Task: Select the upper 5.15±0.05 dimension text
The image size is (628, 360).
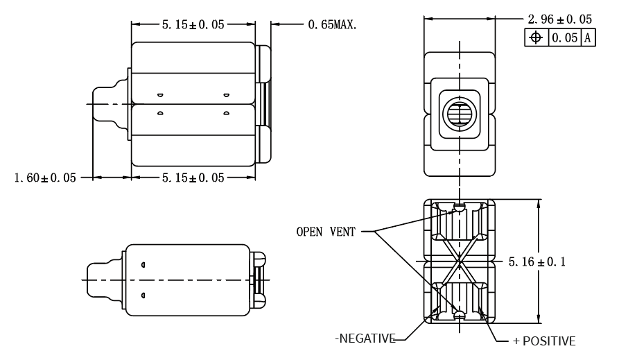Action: [193, 24]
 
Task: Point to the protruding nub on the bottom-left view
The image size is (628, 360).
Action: [103, 280]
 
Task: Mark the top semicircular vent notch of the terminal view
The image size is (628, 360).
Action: [458, 206]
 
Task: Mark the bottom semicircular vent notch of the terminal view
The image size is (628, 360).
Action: [458, 316]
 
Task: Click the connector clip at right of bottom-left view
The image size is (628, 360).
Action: [258, 280]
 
